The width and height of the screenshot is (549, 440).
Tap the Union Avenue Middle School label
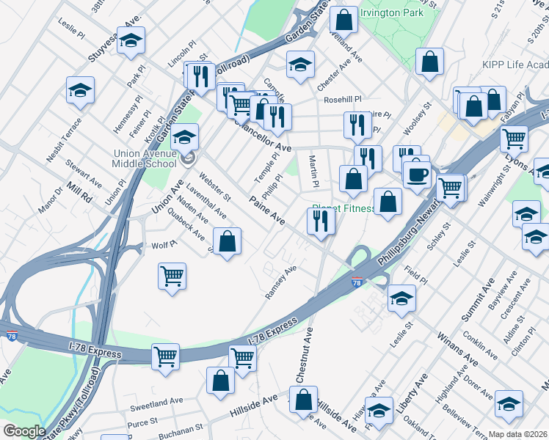pos(143,159)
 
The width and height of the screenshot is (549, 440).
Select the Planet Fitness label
pos(343,208)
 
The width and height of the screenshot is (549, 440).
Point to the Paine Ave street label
pos(266,209)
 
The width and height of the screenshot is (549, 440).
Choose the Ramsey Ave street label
pos(280,283)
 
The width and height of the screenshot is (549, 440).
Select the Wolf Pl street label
pos(161,246)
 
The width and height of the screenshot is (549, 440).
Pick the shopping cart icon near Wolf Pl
pos(172,276)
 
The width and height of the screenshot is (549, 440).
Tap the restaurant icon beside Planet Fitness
pos(321,219)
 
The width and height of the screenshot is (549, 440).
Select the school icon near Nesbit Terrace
pos(81,91)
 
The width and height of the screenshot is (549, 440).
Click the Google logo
pos(24,431)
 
